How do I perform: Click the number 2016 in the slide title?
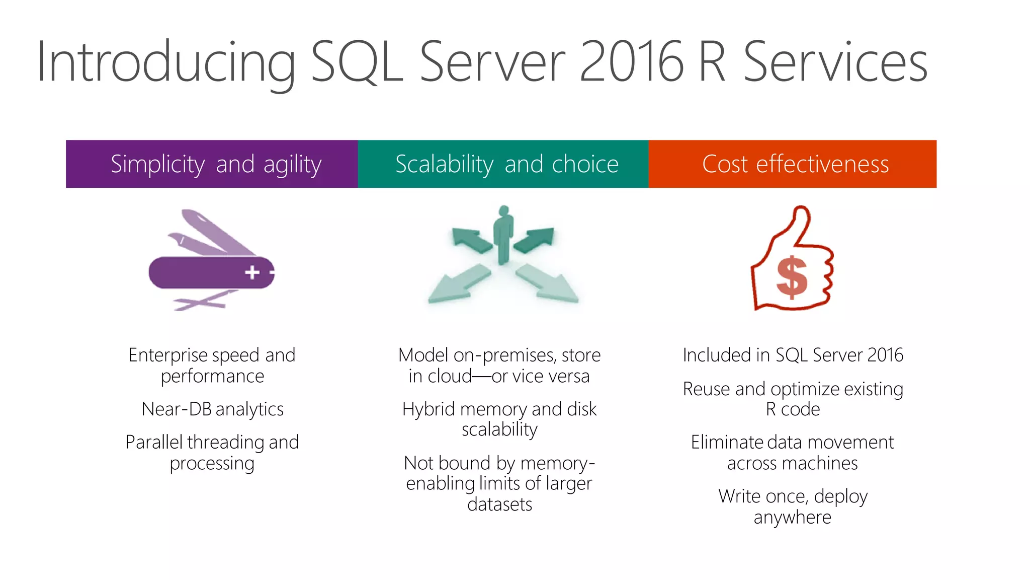coord(631,62)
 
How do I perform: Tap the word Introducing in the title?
coord(165,62)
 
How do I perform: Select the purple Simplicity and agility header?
coord(212,164)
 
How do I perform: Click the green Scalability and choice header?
coord(503,164)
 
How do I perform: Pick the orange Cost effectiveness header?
coord(793,164)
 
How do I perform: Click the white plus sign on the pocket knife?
coord(252,272)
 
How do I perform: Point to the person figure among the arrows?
coord(503,235)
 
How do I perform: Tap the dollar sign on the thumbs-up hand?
coord(791,277)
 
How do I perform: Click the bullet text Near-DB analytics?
coord(212,409)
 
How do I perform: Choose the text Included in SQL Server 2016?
coord(793,355)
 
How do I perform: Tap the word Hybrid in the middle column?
coord(428,409)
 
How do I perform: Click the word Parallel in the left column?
coord(154,443)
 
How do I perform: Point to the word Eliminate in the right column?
coord(727,443)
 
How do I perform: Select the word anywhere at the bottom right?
coord(792,518)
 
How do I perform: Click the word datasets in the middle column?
coord(499,504)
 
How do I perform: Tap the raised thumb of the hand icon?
coord(800,222)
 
